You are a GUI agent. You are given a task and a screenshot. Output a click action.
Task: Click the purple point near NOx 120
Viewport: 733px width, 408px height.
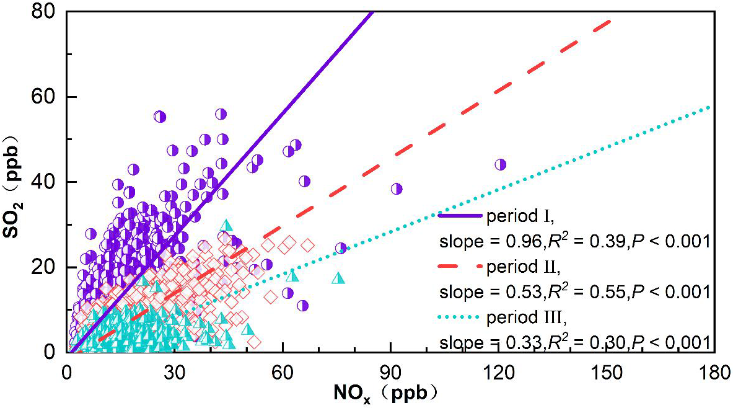[501, 164]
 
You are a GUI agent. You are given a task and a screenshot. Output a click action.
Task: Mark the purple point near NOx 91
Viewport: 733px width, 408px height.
[397, 188]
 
